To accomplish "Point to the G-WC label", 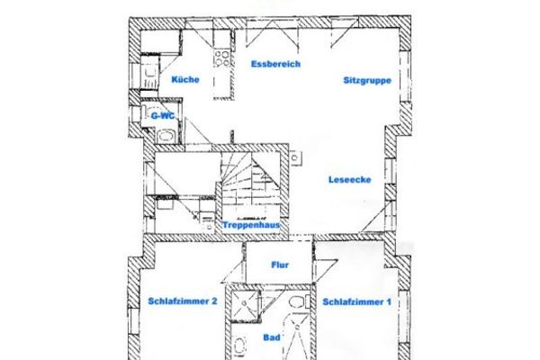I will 162,115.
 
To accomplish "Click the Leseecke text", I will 349,178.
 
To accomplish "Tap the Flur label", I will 278,265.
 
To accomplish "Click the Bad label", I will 271,338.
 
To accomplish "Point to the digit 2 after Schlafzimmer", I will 213,302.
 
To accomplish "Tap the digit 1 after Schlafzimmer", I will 389,302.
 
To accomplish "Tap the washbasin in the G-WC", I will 166,136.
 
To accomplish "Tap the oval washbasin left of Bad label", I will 238,346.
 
